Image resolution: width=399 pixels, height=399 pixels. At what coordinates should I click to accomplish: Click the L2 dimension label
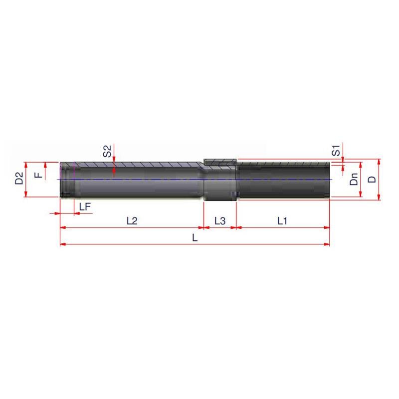tap(132, 221)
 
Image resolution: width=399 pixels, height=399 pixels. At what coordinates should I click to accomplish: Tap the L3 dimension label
tap(220, 221)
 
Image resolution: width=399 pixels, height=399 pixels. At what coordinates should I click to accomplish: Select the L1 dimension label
tap(282, 221)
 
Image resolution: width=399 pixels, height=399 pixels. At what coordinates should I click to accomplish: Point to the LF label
tap(85, 207)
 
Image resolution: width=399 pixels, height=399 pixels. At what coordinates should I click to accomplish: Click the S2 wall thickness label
tap(107, 151)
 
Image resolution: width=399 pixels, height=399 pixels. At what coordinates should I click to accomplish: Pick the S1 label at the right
tap(336, 151)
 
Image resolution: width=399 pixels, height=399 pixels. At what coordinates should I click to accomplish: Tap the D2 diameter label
tap(19, 178)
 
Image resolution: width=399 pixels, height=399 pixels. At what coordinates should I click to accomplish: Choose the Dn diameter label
tap(354, 179)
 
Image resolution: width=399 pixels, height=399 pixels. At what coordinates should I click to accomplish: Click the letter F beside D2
tap(38, 176)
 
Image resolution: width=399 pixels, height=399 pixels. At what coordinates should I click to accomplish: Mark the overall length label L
tap(195, 238)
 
